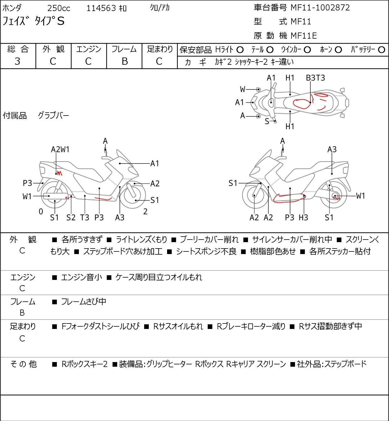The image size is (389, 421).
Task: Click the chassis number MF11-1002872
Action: click(320, 8)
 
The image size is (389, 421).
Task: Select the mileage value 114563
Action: click(101, 8)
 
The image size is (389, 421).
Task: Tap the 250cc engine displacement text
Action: click(59, 8)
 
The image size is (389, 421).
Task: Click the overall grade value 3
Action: click(17, 61)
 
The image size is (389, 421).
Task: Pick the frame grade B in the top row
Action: click(124, 61)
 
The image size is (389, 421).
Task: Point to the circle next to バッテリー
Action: click(381, 50)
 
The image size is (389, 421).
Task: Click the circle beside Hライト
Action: click(240, 50)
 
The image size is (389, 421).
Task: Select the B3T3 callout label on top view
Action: click(315, 78)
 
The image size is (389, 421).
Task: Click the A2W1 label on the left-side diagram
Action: click(60, 150)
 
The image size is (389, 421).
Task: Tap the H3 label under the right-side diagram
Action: click(303, 217)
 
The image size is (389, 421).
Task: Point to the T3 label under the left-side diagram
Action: click(84, 217)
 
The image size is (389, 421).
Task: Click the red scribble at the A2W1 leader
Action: click(59, 173)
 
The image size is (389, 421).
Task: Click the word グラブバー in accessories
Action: click(53, 116)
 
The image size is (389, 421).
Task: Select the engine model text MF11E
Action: click(304, 36)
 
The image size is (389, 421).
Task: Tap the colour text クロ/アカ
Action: click(160, 8)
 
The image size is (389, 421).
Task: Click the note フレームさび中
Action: click(84, 301)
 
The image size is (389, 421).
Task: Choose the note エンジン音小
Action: click(82, 277)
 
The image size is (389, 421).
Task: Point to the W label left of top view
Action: click(243, 89)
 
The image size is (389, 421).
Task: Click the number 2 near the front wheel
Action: click(145, 211)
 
